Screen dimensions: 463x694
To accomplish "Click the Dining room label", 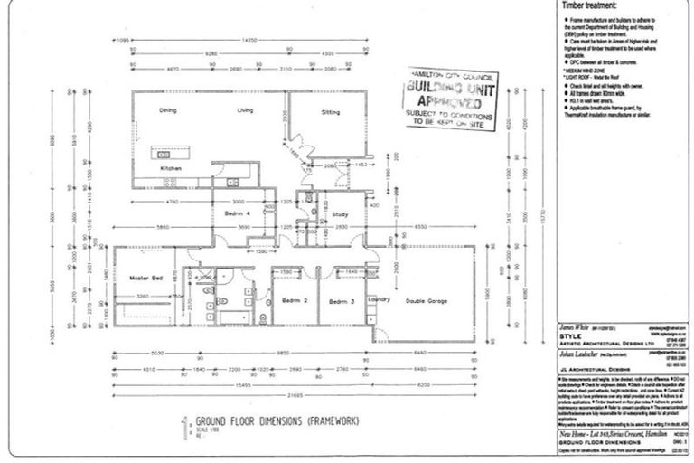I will (x=168, y=110).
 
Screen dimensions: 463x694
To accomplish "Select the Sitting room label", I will (x=331, y=112).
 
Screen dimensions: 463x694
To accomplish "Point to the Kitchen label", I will (x=171, y=168).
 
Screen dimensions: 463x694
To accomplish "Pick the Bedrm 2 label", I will (x=290, y=300).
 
